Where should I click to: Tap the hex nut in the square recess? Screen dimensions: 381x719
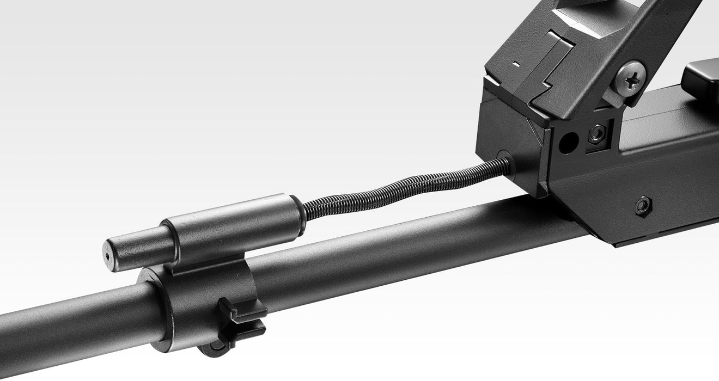point(597,133)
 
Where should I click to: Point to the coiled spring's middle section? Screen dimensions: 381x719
point(403,185)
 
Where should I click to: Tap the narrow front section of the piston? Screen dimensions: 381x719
point(136,248)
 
